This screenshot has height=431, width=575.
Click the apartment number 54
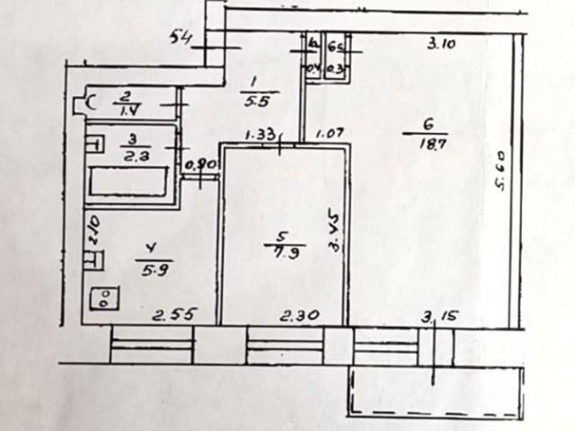[x=181, y=37]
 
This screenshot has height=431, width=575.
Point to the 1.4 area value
[x=126, y=110]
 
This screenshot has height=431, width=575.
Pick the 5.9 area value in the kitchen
[x=149, y=267]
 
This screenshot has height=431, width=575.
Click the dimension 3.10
[x=440, y=41]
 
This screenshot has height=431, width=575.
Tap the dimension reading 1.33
[x=262, y=135]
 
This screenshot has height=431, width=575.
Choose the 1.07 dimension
[x=328, y=135]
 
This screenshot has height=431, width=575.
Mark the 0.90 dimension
[x=199, y=164]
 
